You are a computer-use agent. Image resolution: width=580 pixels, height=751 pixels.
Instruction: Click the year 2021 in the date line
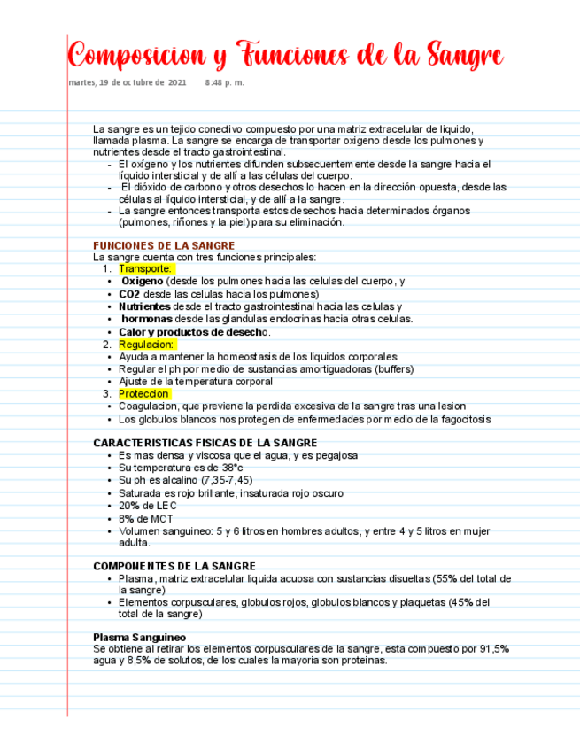(x=177, y=82)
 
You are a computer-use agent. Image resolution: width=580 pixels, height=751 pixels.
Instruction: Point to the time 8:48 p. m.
(x=223, y=82)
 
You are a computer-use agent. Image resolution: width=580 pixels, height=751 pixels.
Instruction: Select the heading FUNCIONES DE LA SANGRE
(x=164, y=245)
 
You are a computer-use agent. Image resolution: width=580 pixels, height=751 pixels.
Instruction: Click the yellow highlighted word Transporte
(x=145, y=268)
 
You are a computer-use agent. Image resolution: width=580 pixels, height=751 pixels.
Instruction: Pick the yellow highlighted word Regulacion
(x=147, y=344)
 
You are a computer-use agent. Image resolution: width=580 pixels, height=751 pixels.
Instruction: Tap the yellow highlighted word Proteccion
(x=144, y=393)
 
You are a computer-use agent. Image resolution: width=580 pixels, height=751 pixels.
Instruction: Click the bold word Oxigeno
(x=143, y=281)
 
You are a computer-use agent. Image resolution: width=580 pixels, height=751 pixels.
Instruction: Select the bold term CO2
(x=129, y=293)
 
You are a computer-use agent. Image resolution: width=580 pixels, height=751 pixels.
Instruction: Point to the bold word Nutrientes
(x=144, y=306)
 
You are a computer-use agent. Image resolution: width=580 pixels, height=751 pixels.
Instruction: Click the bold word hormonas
(x=147, y=319)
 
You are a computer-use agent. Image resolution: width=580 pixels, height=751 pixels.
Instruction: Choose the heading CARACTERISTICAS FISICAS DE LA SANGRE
(x=205, y=443)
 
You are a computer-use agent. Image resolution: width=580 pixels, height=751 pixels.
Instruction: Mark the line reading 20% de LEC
(x=147, y=506)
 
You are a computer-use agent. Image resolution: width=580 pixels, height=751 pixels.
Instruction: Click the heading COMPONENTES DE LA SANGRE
(x=174, y=566)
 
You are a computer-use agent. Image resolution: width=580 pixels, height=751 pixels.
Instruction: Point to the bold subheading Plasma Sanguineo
(x=139, y=637)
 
